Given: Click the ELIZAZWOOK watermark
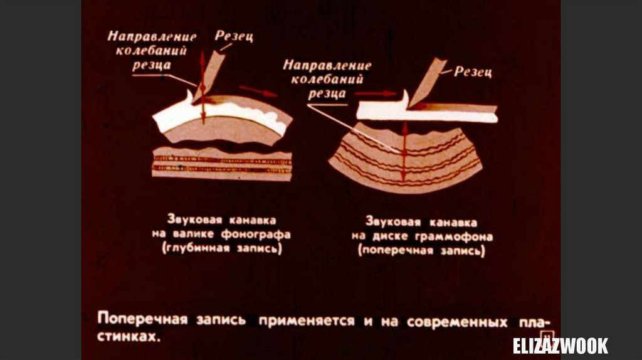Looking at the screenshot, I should point(560,346).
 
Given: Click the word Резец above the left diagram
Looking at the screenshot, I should point(234,36).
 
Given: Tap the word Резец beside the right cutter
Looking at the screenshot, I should point(474,71).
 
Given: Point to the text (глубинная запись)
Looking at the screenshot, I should point(222,248).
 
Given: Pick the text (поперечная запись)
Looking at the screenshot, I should point(422,251).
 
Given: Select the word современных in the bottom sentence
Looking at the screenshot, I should point(457,322).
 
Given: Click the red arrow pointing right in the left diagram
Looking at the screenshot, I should point(258,90).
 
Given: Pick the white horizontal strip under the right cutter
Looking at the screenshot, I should point(426,113).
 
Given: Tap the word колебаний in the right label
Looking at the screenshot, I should point(327,80).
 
